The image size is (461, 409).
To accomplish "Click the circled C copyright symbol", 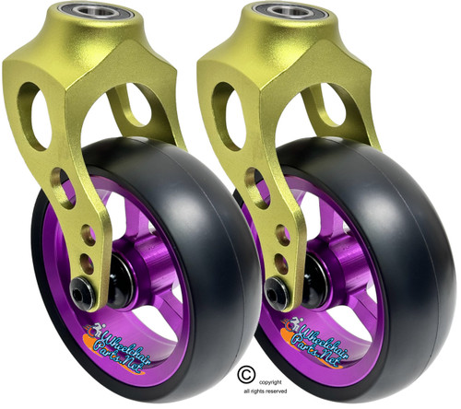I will tap(245, 372).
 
